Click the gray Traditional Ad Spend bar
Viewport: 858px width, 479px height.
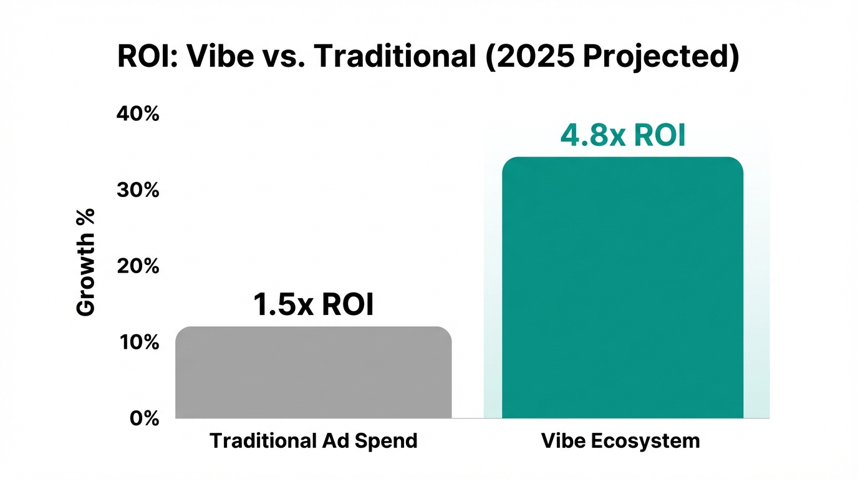click(x=313, y=372)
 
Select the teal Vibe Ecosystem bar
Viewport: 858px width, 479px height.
click(x=622, y=288)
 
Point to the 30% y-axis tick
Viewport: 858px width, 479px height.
click(x=138, y=190)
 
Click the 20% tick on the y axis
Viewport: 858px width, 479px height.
click(x=138, y=266)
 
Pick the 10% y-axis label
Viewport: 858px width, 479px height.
click(x=138, y=342)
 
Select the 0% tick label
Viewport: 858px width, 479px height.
click(x=144, y=419)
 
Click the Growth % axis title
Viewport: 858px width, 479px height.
click(x=86, y=262)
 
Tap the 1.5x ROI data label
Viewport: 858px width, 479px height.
click(x=313, y=305)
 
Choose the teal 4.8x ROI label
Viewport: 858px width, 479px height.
click(x=622, y=136)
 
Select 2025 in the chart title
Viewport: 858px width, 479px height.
click(x=535, y=57)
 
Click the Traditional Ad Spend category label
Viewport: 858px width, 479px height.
click(x=313, y=441)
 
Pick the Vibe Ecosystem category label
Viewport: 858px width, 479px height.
click(x=620, y=441)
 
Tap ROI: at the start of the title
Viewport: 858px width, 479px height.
click(x=149, y=57)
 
